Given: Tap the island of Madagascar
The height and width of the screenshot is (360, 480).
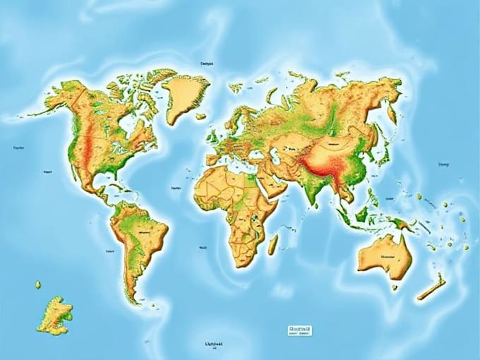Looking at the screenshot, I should point(272,244).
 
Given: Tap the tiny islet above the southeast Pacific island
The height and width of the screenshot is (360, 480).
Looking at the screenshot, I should point(38,284).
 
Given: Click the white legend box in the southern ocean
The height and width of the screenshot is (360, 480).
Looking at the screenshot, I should point(299,330).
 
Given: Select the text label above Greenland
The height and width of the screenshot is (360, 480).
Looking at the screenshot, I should point(207,64).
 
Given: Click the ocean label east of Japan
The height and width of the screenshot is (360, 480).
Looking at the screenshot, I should point(443,164).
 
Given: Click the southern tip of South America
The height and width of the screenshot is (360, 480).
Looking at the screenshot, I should point(131,299).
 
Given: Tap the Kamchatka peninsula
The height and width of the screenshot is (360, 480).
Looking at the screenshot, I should point(390,113).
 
